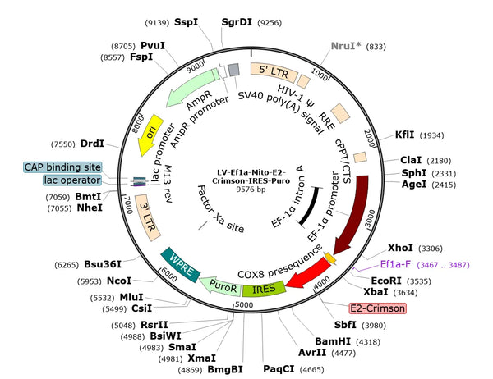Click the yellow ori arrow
pyautogui.click(x=150, y=135)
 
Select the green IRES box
pyautogui.click(x=264, y=289)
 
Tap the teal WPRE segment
pyautogui.click(x=180, y=265)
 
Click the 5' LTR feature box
pyautogui.click(x=274, y=72)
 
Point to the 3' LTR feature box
pyautogui.click(x=147, y=217)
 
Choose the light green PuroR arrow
pyautogui.click(x=221, y=285)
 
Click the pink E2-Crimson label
pyautogui.click(x=378, y=308)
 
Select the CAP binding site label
pyautogui.click(x=62, y=167)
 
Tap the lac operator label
pyautogui.click(x=72, y=180)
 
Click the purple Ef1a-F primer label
pyautogui.click(x=395, y=264)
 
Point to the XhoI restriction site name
pyautogui.click(x=400, y=248)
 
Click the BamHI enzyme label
pyautogui.click(x=333, y=341)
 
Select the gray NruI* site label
pyautogui.click(x=346, y=46)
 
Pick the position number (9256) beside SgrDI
pyautogui.click(x=270, y=23)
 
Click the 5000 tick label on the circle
pyautogui.click(x=244, y=304)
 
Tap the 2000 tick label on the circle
pyautogui.click(x=370, y=138)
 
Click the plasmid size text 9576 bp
pyautogui.click(x=251, y=189)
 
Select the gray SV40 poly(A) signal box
pyautogui.click(x=233, y=70)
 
